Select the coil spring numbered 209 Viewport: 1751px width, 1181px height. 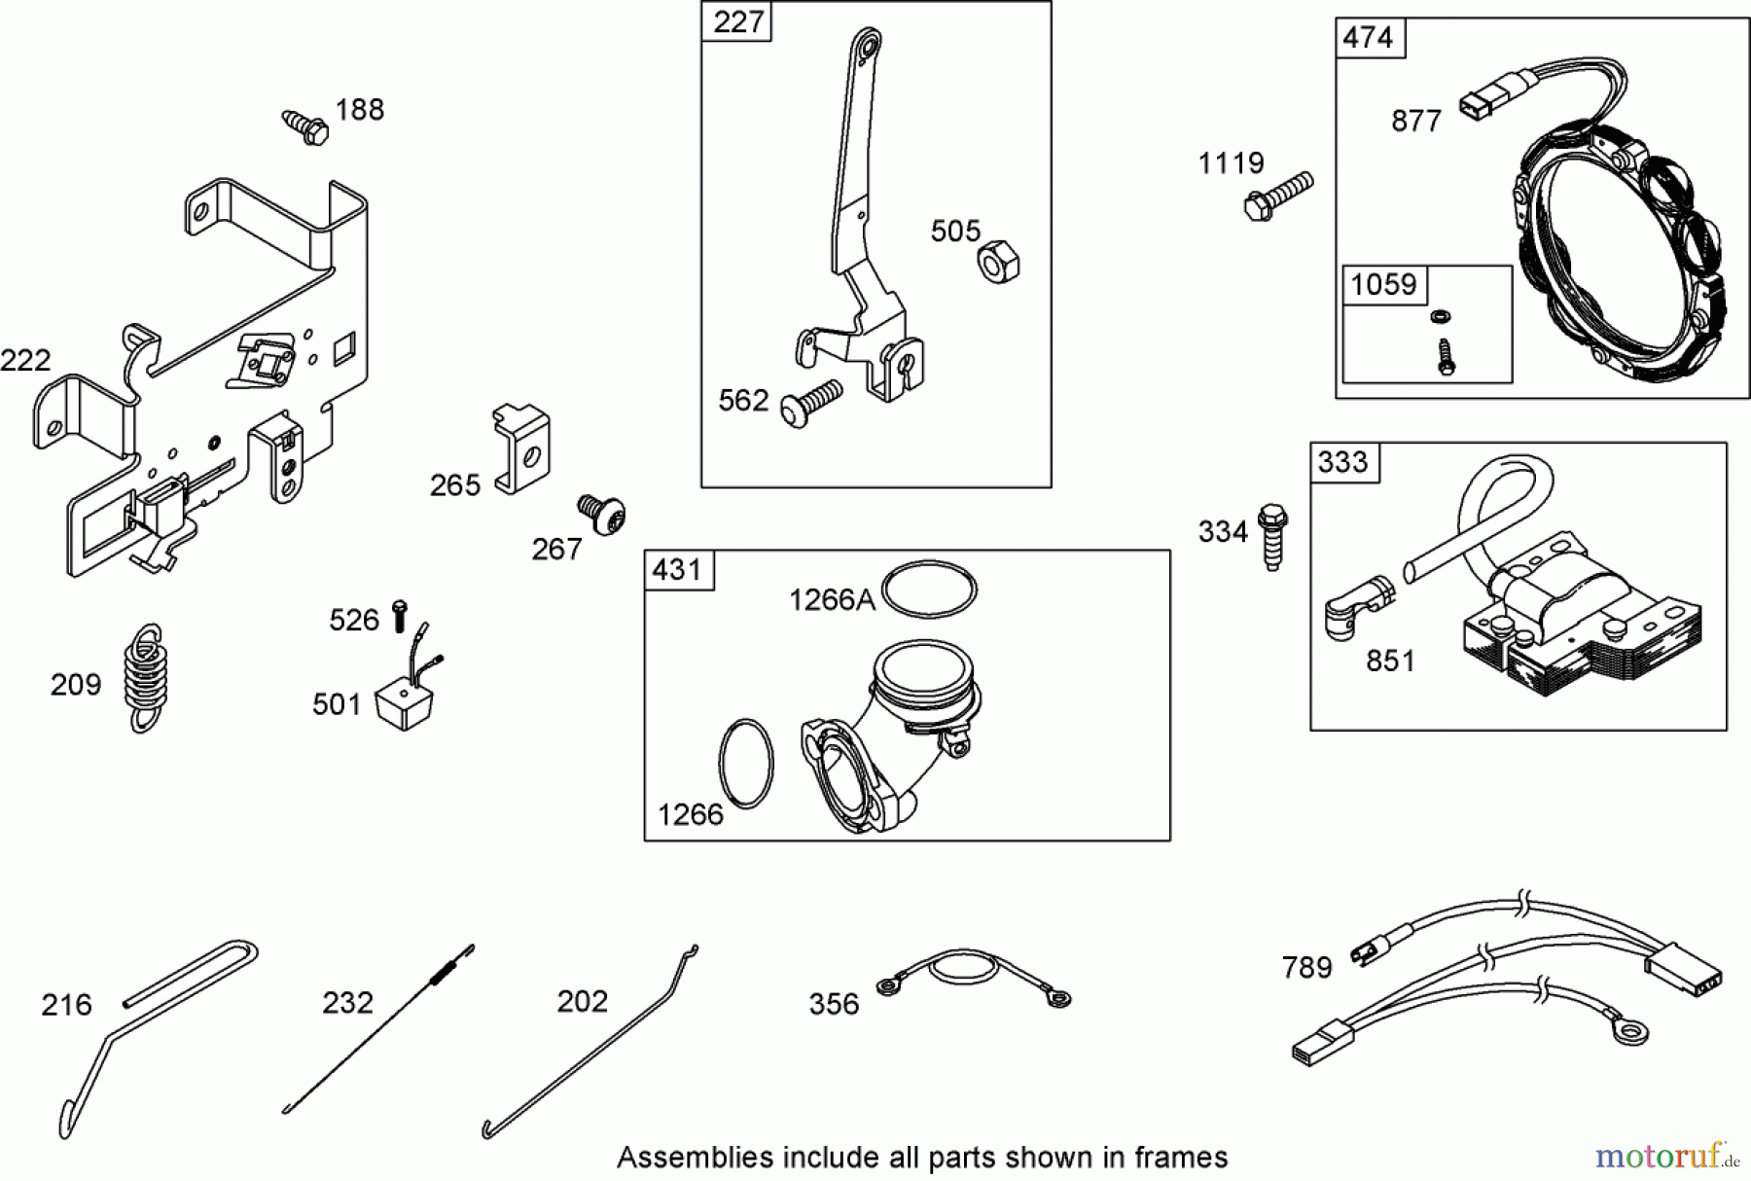pos(145,678)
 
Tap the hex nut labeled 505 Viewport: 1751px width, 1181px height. pos(998,261)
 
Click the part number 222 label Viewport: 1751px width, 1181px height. pos(25,361)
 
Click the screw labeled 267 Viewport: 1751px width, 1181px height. pos(602,514)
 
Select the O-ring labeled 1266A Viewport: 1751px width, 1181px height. pos(930,589)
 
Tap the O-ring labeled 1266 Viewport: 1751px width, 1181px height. pos(746,764)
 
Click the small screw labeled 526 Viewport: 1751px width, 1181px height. pos(399,616)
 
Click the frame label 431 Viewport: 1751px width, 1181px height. pos(678,569)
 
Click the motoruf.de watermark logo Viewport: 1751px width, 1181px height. pos(1667,1156)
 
